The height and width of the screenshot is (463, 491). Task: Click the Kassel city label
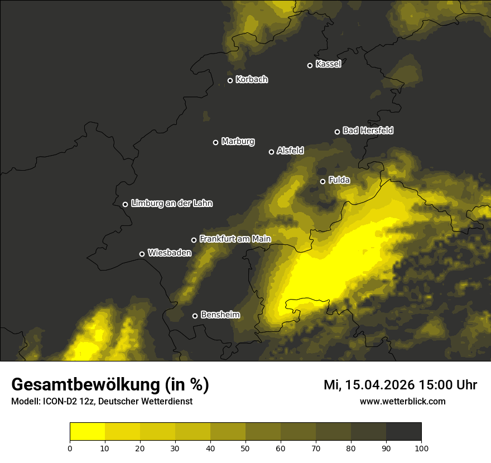pyautogui.click(x=328, y=64)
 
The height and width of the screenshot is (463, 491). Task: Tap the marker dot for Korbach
pyautogui.click(x=230, y=80)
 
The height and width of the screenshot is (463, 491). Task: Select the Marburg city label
pyautogui.click(x=238, y=142)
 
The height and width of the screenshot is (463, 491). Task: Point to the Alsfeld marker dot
pyautogui.click(x=272, y=152)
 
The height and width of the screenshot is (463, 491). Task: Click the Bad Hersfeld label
pyautogui.click(x=368, y=131)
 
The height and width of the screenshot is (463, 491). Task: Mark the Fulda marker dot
pyautogui.click(x=322, y=181)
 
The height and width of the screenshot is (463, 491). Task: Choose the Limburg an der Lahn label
pyautogui.click(x=171, y=204)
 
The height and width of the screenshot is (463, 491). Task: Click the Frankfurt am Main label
pyautogui.click(x=235, y=239)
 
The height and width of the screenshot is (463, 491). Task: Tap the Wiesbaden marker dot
pyautogui.click(x=142, y=254)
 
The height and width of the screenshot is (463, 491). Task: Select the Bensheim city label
pyautogui.click(x=220, y=315)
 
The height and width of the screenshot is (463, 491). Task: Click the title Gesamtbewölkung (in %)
pyautogui.click(x=110, y=385)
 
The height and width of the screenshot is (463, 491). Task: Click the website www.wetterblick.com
pyautogui.click(x=402, y=401)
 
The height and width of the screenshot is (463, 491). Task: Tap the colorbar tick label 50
pyautogui.click(x=245, y=448)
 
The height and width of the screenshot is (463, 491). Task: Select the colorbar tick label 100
pyautogui.click(x=421, y=448)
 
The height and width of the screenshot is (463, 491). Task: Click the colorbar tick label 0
pyautogui.click(x=70, y=448)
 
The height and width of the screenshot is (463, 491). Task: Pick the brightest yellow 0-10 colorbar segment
pyautogui.click(x=87, y=432)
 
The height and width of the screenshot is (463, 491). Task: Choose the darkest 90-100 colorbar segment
pyautogui.click(x=403, y=432)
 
